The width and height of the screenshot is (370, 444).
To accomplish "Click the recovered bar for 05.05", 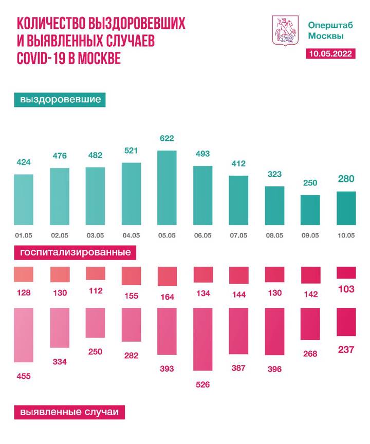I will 167,188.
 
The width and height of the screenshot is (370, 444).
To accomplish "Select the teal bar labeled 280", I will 346,208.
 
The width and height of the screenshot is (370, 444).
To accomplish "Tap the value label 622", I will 167,138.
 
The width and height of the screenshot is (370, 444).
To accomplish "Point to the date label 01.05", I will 24,236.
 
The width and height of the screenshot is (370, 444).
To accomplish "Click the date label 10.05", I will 346,236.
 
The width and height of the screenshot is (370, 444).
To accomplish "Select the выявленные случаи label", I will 68,412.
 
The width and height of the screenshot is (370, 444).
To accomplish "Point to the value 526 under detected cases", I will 202,384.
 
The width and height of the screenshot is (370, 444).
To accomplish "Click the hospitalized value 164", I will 167,297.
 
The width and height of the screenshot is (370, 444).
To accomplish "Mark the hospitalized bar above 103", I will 346,272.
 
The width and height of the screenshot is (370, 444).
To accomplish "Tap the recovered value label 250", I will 310,183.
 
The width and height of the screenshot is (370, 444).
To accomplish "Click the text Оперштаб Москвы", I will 325,30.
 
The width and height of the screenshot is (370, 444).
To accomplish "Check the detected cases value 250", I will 96,351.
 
